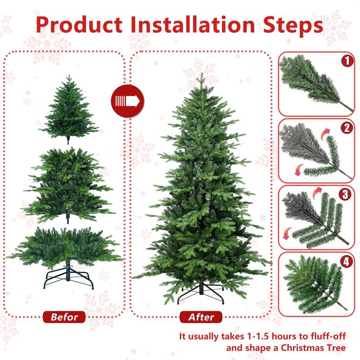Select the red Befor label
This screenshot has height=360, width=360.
pyautogui.click(x=64, y=317)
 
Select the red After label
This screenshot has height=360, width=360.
pyautogui.click(x=201, y=317)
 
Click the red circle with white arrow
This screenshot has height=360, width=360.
pyautogui.click(x=127, y=99)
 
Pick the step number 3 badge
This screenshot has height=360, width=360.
pyautogui.click(x=346, y=194)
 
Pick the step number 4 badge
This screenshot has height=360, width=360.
pyautogui.click(x=346, y=261)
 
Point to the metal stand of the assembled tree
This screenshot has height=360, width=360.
pyautogui.click(x=201, y=292)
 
